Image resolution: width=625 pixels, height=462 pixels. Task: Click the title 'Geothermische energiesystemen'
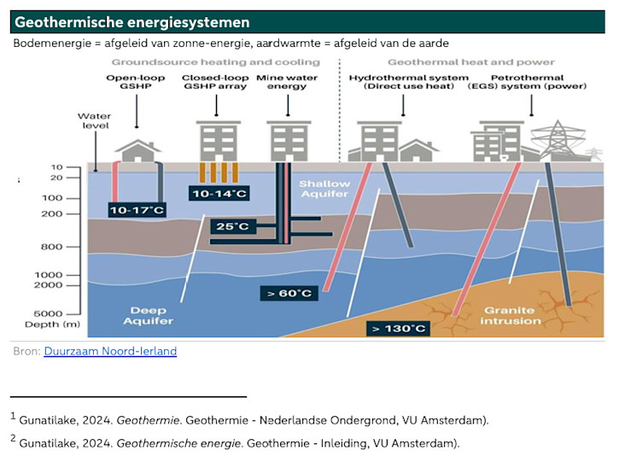coord(132,22)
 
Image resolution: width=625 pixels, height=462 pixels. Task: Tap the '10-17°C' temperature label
coord(137,209)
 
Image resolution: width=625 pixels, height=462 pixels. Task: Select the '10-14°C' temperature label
coord(219,194)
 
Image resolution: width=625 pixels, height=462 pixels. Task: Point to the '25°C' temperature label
coord(231,226)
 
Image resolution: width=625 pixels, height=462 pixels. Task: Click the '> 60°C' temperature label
coord(289,293)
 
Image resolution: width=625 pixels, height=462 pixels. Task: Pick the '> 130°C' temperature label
coord(397,327)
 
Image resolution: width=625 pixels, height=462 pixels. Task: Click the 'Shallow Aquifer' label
coord(324,190)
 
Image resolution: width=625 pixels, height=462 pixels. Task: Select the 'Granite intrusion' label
coord(511,315)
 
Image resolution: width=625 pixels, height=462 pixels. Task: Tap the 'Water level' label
coord(94,121)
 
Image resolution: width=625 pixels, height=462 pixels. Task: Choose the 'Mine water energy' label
coord(287,82)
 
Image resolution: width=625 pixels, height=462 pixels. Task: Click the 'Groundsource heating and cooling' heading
coord(215,62)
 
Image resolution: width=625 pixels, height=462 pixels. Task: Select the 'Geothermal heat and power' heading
coord(470,62)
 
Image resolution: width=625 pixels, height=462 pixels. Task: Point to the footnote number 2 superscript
coord(14,439)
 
